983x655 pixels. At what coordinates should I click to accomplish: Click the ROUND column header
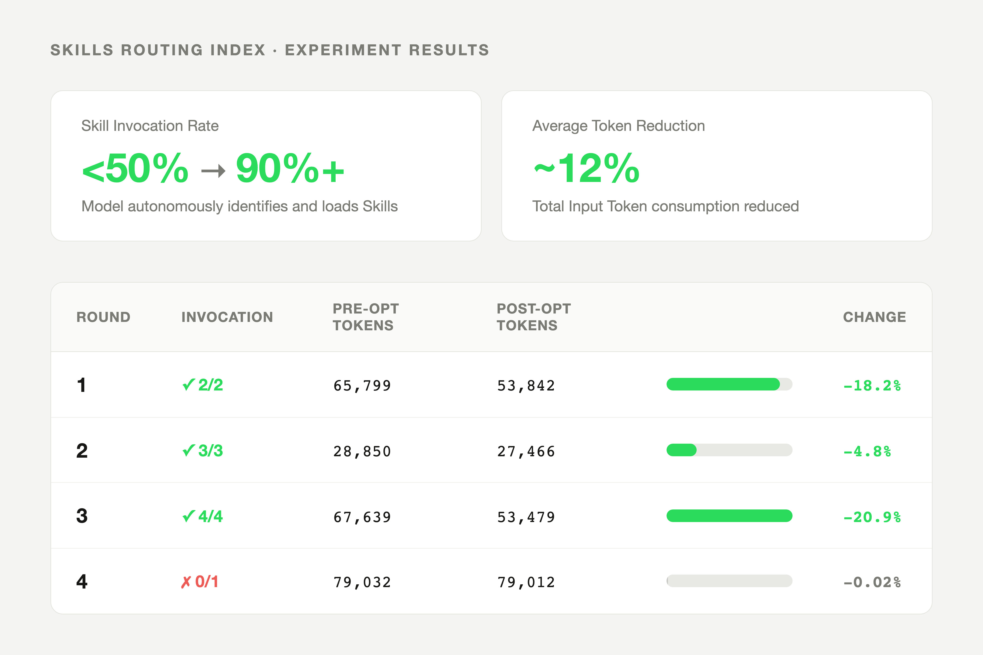pos(103,317)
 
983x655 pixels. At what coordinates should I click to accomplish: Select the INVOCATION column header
pos(227,317)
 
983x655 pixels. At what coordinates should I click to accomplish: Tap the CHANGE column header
pos(874,317)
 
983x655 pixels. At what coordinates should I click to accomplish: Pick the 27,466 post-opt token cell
pos(526,451)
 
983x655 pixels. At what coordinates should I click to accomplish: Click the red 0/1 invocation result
pos(200,582)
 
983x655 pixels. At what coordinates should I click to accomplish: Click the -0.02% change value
pos(872,582)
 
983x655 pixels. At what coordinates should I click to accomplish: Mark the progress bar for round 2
pos(729,450)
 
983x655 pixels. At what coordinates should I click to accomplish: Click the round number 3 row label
pos(82,516)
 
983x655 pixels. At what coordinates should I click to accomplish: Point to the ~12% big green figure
pos(587,168)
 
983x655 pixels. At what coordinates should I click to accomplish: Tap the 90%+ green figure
pos(290,168)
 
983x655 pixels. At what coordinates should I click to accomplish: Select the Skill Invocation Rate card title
pos(150,126)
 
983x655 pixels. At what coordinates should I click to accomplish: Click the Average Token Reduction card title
pos(618,126)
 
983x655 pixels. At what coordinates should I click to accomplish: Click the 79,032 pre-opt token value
pos(362,582)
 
